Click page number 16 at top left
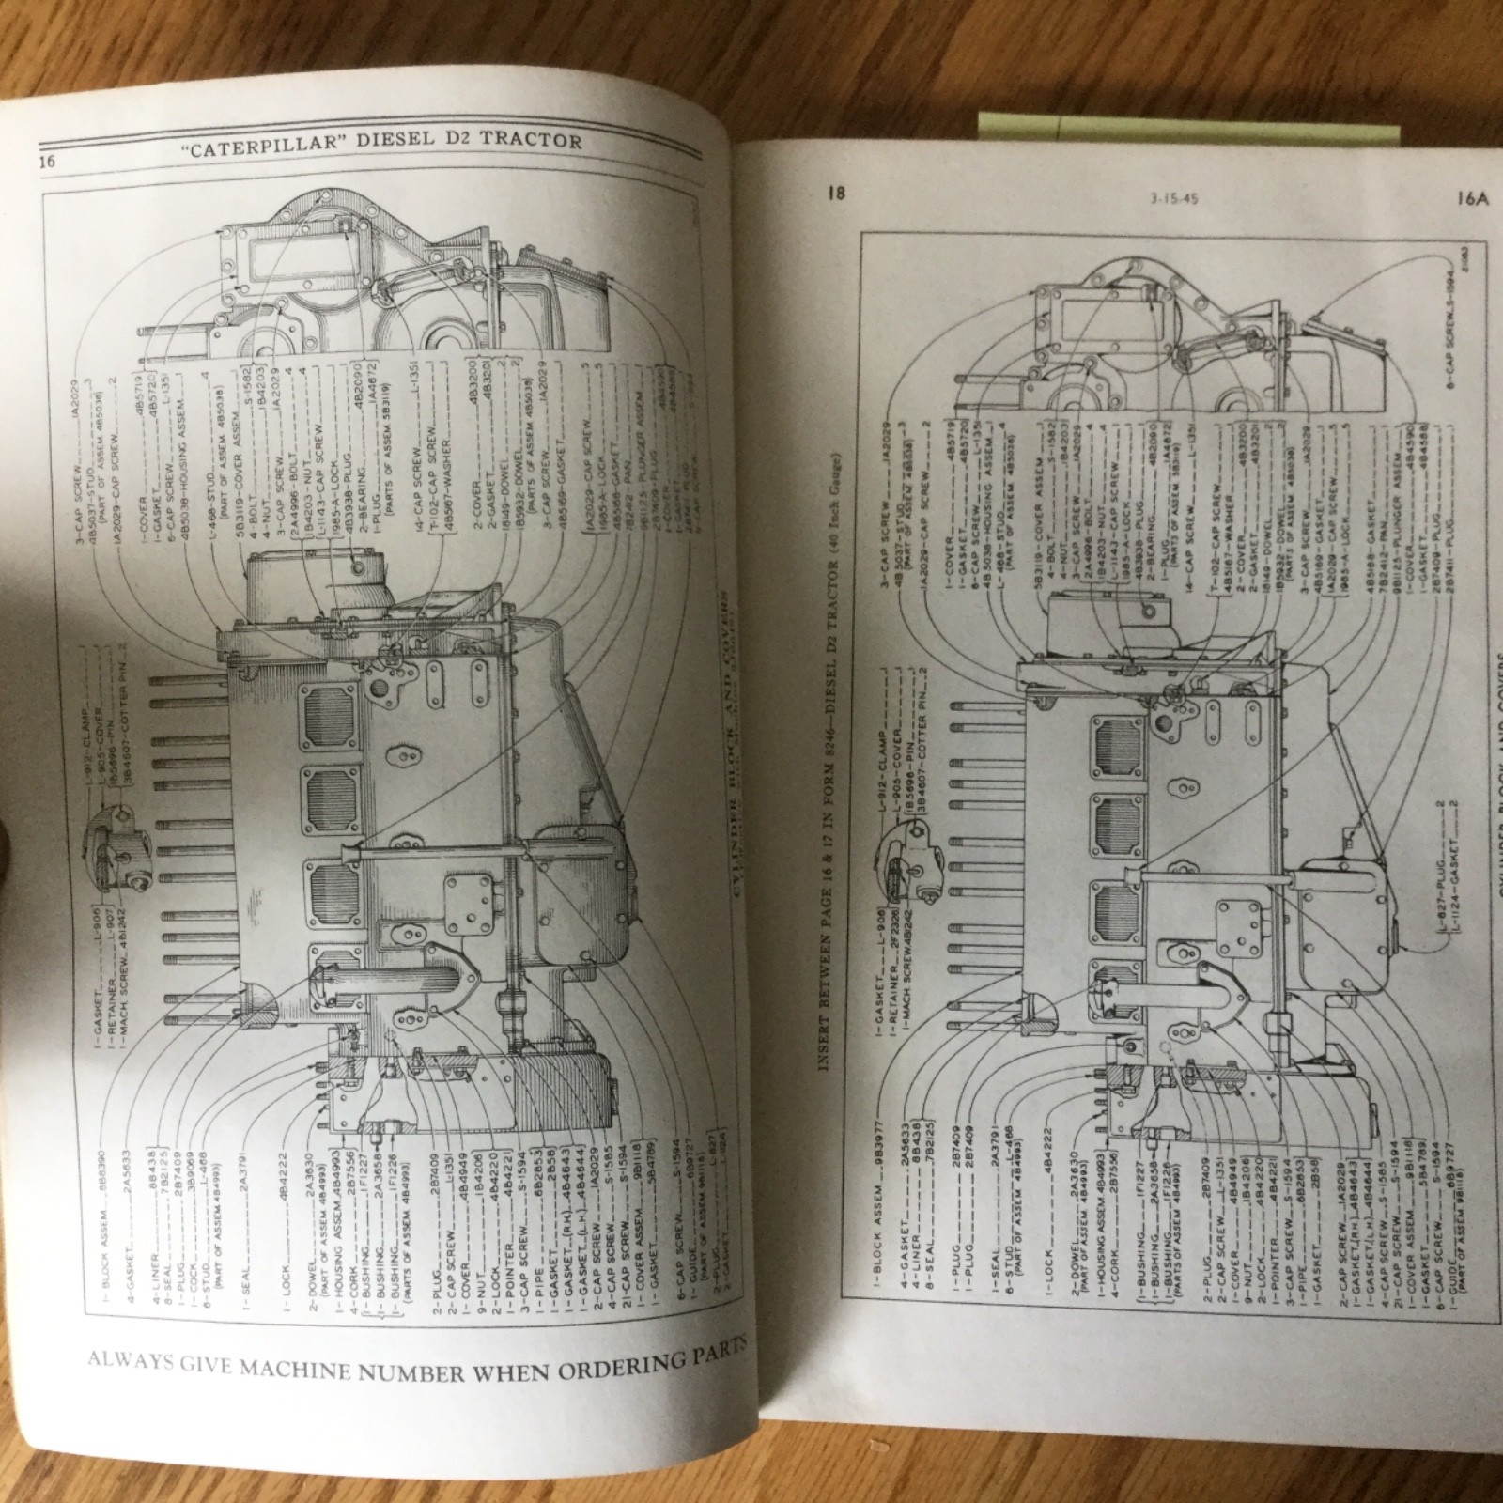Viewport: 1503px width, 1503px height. click(47, 161)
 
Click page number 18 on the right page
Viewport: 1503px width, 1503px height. click(837, 194)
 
